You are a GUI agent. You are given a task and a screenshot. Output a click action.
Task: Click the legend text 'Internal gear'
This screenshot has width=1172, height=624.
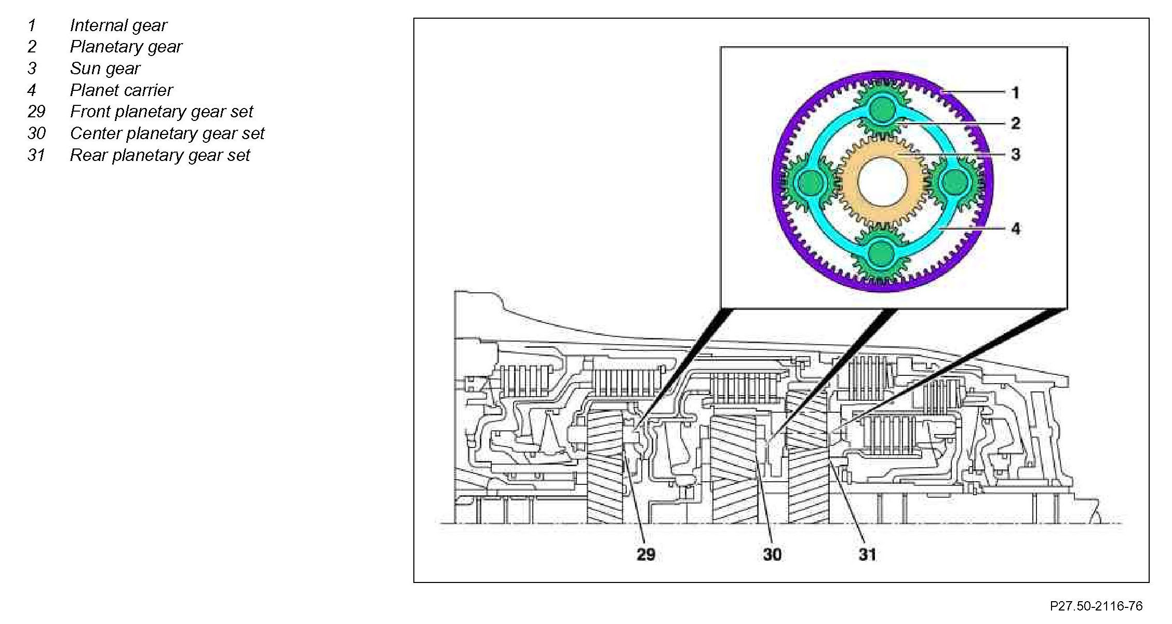coord(118,25)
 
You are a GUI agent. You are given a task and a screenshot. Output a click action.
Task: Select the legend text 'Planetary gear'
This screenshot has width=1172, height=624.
coord(126,47)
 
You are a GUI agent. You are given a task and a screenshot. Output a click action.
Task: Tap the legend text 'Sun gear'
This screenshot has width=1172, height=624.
coord(105,69)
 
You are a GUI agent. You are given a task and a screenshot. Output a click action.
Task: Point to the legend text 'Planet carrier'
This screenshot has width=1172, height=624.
coord(121,90)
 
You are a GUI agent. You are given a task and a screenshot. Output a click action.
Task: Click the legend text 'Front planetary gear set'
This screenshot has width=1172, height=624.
coord(161,112)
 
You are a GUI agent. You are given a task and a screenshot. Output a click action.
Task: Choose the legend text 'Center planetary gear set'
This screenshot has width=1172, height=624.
coord(167,134)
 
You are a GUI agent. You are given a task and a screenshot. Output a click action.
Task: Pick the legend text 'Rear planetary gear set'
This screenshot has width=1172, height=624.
coord(160,156)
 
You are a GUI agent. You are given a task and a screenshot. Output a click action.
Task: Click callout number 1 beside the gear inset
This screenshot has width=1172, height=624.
coord(1016,93)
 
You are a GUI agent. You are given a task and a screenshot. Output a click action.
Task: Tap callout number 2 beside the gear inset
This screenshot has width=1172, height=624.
coord(1016,124)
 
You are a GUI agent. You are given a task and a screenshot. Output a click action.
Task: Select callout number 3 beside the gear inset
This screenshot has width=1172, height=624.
coord(1016,154)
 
